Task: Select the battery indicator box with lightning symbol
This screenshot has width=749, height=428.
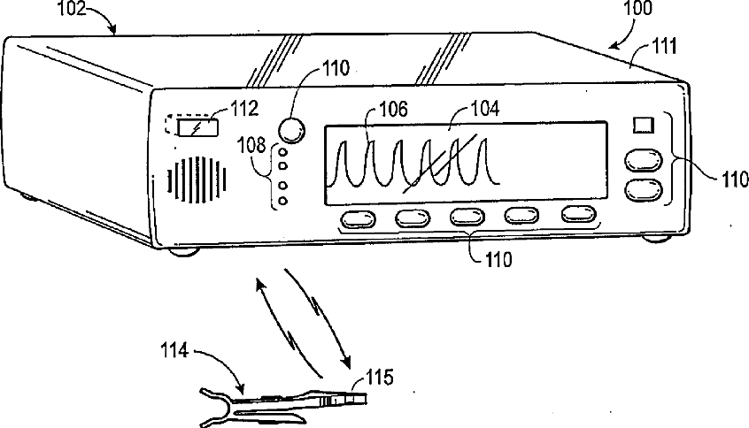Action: tap(194, 128)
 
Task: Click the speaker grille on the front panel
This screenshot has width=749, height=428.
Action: tap(196, 182)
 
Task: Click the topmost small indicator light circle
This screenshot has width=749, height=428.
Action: tap(282, 152)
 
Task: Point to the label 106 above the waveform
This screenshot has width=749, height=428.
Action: tap(390, 110)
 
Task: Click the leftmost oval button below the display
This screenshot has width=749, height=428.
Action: tap(355, 218)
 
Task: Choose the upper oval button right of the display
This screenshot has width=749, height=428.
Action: tap(644, 159)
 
